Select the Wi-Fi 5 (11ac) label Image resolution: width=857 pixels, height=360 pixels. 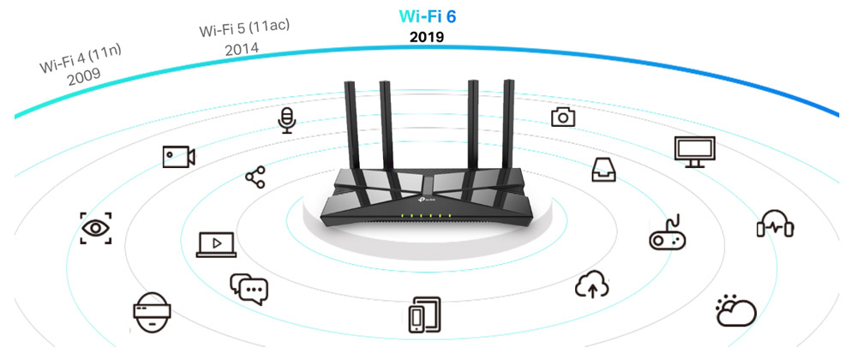244,28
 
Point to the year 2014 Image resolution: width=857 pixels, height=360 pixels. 242,49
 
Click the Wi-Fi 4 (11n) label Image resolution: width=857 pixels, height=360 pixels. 81,59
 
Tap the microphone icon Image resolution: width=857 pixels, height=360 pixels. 287,121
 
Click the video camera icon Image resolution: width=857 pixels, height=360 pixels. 179,156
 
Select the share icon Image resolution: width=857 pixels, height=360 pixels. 255,177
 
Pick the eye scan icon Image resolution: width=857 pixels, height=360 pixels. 95,228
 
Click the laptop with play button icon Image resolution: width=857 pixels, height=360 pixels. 216,244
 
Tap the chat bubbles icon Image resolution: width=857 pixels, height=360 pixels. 249,287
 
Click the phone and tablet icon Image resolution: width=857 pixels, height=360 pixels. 424,315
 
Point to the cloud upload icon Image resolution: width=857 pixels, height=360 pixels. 591,284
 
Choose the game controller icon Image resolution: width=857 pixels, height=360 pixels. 664,233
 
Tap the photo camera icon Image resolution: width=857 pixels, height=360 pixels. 563,117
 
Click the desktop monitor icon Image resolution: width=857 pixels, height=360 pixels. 694,151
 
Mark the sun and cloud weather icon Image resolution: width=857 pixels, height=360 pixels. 735,310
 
